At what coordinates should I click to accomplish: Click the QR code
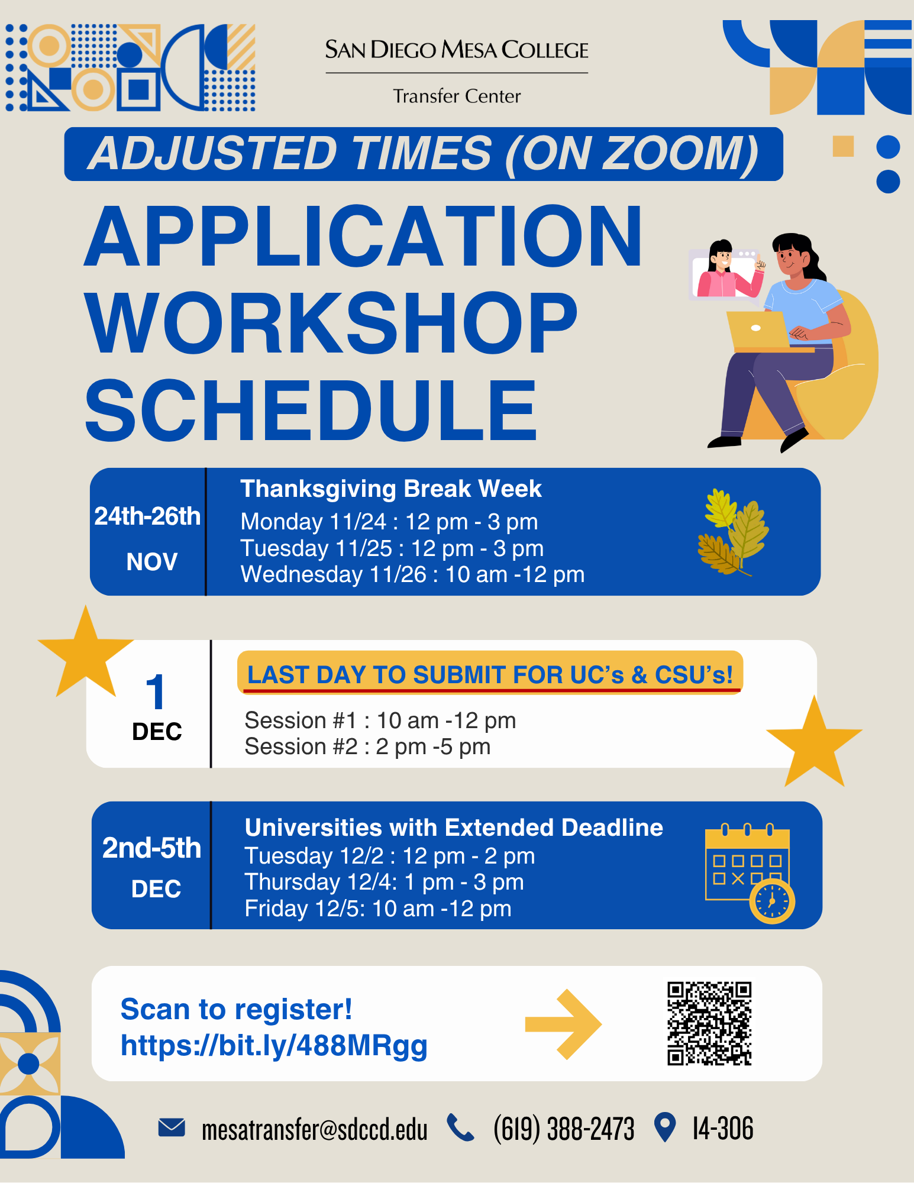coord(709,1024)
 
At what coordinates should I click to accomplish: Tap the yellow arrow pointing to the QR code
coord(563,1024)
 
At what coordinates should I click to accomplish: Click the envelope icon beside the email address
coord(172,1127)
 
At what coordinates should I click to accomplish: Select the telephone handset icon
coord(460,1127)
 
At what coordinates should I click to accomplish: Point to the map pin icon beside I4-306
coord(665,1127)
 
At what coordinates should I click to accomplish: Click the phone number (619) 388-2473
coord(564,1129)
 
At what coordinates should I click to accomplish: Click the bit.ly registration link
coord(274,1046)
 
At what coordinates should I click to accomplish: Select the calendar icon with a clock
coord(750,873)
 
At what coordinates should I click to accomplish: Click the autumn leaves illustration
coord(733,532)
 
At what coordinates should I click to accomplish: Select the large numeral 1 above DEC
coord(156,691)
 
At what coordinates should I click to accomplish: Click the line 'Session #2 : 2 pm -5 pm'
coord(367,747)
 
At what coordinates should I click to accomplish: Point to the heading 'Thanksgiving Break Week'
coord(390,489)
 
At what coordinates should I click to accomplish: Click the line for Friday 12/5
coord(378,909)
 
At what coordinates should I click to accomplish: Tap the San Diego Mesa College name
coord(457,50)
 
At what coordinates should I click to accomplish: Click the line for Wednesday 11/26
coord(412,574)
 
